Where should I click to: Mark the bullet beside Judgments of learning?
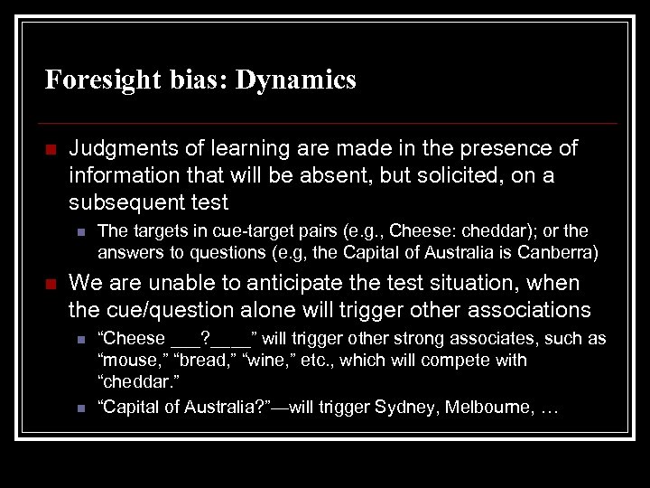[51, 148]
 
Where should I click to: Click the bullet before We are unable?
[51, 284]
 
